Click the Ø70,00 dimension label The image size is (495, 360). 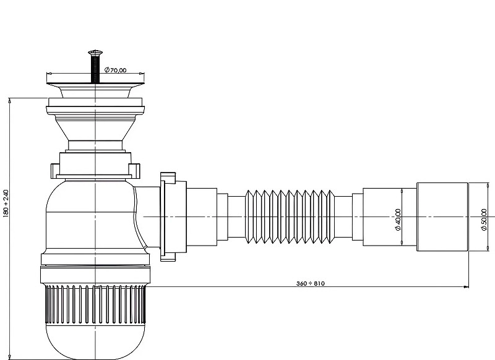click(115, 70)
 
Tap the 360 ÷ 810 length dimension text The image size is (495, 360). click(311, 283)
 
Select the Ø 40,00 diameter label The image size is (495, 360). click(398, 220)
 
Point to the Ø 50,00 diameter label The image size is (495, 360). click(484, 220)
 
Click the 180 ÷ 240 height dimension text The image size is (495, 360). click(6, 203)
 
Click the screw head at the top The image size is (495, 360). click(95, 52)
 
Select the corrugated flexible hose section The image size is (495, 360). click(290, 216)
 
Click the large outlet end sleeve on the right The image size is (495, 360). click(442, 216)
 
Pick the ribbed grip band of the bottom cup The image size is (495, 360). click(95, 305)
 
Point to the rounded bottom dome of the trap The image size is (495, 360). click(95, 341)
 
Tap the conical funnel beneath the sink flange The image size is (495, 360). click(95, 128)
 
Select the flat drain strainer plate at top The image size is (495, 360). click(95, 84)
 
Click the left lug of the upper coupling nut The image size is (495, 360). click(55, 171)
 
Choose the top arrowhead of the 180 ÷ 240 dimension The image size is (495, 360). click(10, 101)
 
